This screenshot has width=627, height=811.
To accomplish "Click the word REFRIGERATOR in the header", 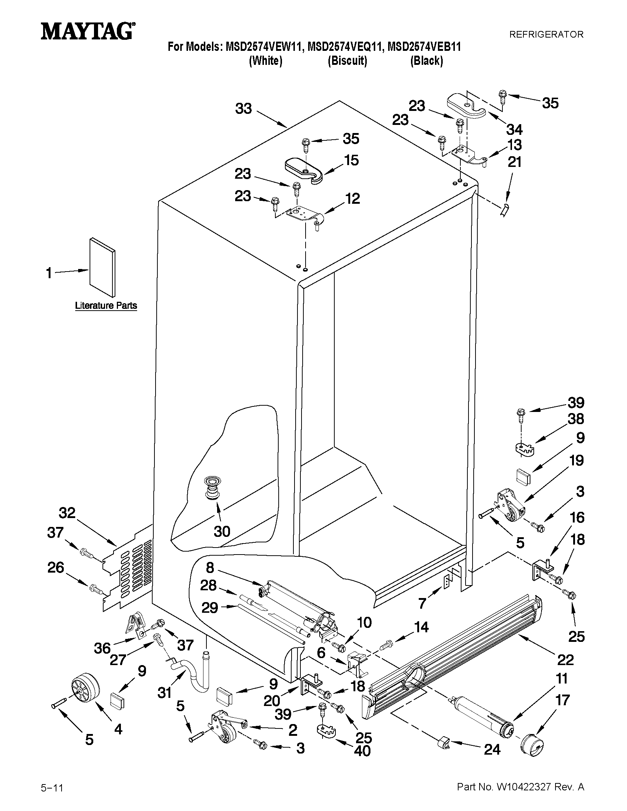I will click(x=546, y=35).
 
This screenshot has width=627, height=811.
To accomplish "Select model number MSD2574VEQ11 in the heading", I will click(x=345, y=47).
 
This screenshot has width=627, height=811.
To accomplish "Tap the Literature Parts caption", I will click(x=106, y=305).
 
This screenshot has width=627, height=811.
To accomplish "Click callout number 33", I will click(x=244, y=109).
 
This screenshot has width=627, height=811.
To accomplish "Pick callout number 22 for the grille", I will click(x=565, y=660).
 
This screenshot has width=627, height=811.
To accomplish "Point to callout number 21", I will click(x=515, y=162).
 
